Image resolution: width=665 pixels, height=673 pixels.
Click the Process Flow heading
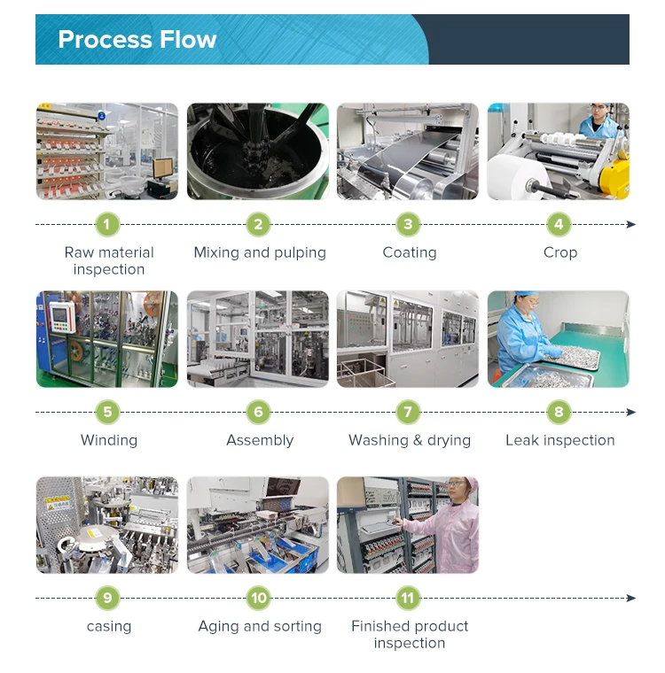[x=137, y=40]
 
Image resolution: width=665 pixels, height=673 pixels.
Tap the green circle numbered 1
[x=107, y=224]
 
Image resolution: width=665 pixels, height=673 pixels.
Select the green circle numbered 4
[x=559, y=224]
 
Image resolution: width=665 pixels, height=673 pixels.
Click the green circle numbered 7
[x=408, y=412]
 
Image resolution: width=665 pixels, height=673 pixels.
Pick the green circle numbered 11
[x=408, y=599]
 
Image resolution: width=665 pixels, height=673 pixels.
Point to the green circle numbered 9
[x=107, y=599]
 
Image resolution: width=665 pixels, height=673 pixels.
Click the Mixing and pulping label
[x=260, y=252]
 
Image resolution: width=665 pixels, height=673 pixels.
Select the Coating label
[x=410, y=252]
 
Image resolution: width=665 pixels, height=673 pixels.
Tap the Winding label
[x=109, y=440]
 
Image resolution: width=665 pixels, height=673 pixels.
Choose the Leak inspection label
[x=559, y=440]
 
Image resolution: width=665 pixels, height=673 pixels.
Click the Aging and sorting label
[x=260, y=626]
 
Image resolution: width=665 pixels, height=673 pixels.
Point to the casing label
[x=109, y=626]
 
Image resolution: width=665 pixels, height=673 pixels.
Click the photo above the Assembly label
[x=258, y=339]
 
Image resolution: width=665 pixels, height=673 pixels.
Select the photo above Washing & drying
[x=408, y=339]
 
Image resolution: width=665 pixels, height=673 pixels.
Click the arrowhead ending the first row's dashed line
[x=631, y=224]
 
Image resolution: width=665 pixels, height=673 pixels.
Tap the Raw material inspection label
[x=109, y=260]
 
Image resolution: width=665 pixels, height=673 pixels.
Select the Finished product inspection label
[x=410, y=634]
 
